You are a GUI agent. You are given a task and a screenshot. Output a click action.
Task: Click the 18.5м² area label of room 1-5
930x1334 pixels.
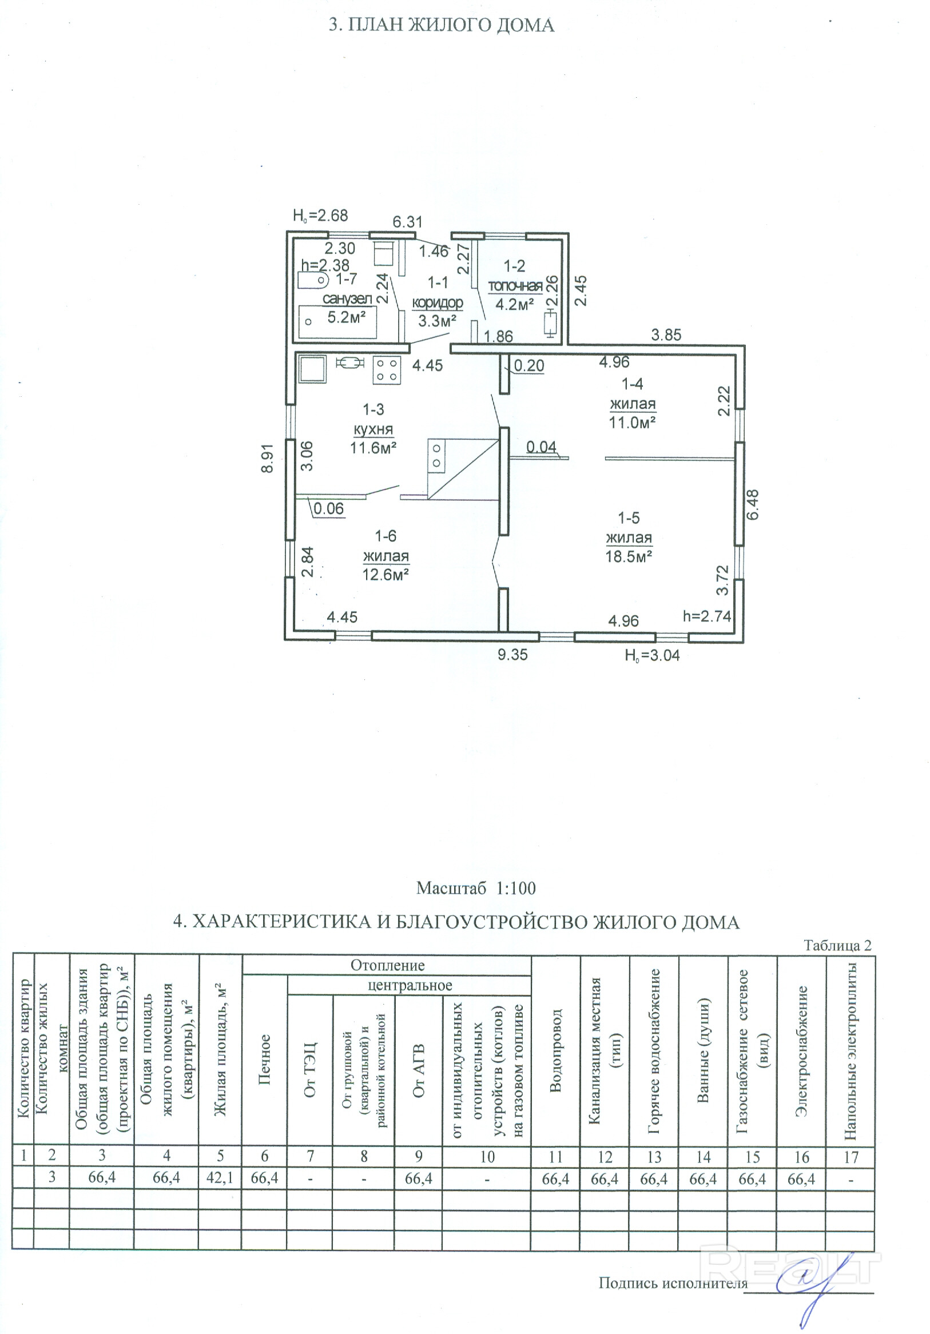pyautogui.click(x=629, y=556)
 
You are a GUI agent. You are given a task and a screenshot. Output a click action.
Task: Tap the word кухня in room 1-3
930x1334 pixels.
pyautogui.click(x=373, y=429)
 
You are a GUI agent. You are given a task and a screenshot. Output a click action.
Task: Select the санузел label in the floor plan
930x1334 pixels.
pyautogui.click(x=347, y=298)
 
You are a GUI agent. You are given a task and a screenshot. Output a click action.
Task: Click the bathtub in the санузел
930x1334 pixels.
pyautogui.click(x=337, y=322)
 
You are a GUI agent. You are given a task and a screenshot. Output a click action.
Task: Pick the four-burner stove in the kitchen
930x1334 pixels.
pyautogui.click(x=387, y=369)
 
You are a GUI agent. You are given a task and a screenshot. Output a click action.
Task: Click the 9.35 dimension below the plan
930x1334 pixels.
pyautogui.click(x=512, y=655)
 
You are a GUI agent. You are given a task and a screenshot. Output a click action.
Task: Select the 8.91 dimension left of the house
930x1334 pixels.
pyautogui.click(x=267, y=460)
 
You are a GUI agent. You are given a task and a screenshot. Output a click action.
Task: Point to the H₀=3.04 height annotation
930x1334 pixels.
pyautogui.click(x=651, y=656)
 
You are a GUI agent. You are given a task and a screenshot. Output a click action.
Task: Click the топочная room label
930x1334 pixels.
pyautogui.click(x=515, y=286)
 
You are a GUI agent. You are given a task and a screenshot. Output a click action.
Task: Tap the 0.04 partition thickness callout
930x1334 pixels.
pyautogui.click(x=541, y=447)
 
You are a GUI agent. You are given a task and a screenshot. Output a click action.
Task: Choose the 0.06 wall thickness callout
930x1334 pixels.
pyautogui.click(x=328, y=509)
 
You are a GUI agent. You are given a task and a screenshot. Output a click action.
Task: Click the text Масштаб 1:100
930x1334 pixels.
pyautogui.click(x=475, y=888)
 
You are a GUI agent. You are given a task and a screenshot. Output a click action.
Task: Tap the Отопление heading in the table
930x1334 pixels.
pyautogui.click(x=387, y=965)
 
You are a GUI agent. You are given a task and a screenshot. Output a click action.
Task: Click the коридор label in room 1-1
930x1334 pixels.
pyautogui.click(x=437, y=302)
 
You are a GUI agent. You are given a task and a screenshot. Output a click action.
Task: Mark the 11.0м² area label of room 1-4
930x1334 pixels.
pyautogui.click(x=632, y=422)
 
